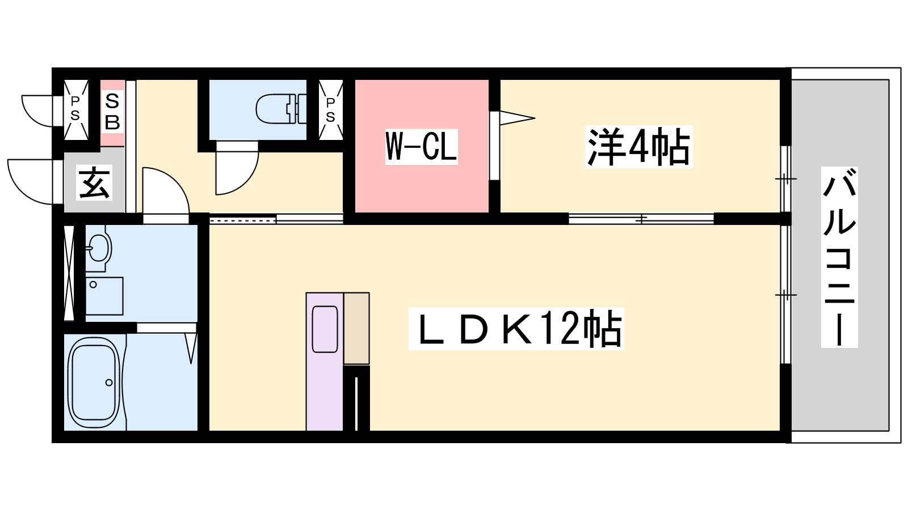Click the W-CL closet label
point(421,147)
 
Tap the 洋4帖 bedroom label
point(638,147)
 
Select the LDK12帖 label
point(516,328)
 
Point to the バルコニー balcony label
point(839,257)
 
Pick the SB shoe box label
point(112,112)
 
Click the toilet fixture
point(281,108)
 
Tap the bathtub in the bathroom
point(94,382)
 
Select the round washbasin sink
point(98,247)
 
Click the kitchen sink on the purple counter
point(325,329)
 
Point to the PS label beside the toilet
point(330,110)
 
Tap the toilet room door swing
point(237,168)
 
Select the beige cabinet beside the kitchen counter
point(357,328)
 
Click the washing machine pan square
point(104,296)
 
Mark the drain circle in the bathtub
point(108,382)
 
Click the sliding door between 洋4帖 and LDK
point(641,219)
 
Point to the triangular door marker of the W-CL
point(518,118)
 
